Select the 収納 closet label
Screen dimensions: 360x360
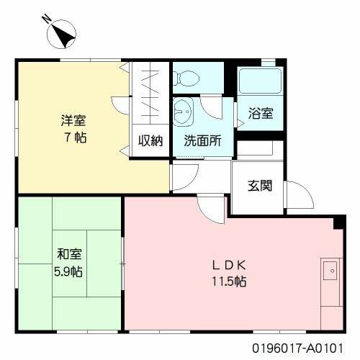point(150,140)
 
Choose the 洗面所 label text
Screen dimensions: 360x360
point(202,141)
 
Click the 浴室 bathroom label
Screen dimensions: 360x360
point(260,113)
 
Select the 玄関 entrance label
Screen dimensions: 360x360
point(260,186)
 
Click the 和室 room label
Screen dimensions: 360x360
point(70,255)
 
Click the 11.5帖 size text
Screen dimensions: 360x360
point(229,282)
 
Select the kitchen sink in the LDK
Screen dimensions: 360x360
point(331,272)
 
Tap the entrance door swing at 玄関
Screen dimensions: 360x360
point(297,193)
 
